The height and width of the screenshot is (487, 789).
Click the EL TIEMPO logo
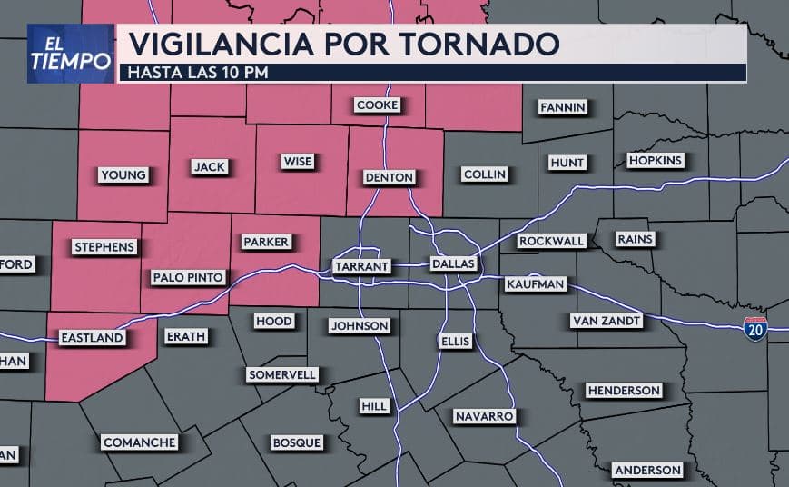coord(70,54)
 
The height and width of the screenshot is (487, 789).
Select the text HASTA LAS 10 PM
coord(198,72)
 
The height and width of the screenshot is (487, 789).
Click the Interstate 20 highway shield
coord(754,328)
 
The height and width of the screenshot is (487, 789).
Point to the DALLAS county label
coord(452,263)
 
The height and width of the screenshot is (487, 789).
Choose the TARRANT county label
coord(361,266)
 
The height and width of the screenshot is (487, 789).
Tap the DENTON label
coord(389,177)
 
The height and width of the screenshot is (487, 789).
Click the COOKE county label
coord(377,105)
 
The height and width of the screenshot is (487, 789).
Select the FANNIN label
coord(563,107)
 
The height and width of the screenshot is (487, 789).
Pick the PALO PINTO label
coord(188,277)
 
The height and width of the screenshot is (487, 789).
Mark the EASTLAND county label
coord(91,338)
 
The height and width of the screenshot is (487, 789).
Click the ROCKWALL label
coord(551,241)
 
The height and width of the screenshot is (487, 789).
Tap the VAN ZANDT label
coord(607,321)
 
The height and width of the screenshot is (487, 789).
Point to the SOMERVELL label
coord(281,374)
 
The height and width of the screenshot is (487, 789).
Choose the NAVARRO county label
coord(485,416)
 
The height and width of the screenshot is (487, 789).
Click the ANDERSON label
coord(647,470)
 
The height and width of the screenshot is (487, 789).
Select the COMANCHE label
coord(139,442)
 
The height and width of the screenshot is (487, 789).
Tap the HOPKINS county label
coord(655,161)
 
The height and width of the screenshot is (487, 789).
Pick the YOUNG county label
coord(123,175)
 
